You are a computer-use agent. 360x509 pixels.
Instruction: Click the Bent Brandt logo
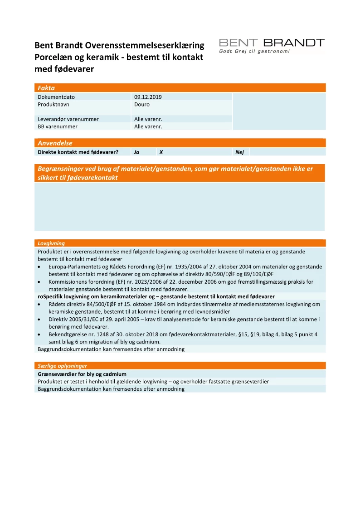[x=271, y=43]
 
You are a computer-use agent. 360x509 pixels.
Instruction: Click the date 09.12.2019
[x=148, y=97]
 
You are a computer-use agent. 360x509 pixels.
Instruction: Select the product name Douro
[x=142, y=104]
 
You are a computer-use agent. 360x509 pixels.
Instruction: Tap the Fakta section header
[x=46, y=88]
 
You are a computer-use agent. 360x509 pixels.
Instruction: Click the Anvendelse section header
[x=55, y=143]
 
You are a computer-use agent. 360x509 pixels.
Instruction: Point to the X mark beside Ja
[x=161, y=152]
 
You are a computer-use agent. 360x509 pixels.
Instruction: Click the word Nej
[x=239, y=152]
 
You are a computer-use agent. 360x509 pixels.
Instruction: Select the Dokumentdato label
[x=56, y=97]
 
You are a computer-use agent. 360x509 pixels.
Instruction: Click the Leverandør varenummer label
[x=68, y=119]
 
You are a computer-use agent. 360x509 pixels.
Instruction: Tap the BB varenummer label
[x=58, y=126]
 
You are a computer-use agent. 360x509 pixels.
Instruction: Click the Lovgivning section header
[x=51, y=243]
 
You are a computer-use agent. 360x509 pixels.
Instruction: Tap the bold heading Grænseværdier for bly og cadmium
[x=82, y=374]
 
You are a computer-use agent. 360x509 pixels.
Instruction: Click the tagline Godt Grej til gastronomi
[x=254, y=51]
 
